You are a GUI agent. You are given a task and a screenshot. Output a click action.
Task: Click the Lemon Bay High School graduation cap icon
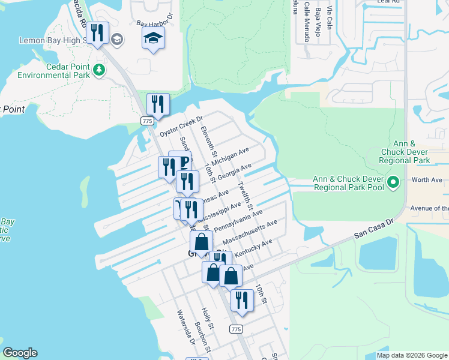[x=117, y=40]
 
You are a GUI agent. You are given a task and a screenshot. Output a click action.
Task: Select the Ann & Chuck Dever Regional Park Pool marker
[x=393, y=181]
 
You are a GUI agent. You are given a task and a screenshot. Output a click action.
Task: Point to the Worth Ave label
[x=427, y=179]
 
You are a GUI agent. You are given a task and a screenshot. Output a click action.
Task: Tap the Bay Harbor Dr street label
[x=154, y=22]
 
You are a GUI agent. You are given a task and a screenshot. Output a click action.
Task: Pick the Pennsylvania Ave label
[x=238, y=221]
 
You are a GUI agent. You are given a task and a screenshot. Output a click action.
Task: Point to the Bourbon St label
[x=203, y=337]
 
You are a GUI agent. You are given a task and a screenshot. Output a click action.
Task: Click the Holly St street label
[x=208, y=319]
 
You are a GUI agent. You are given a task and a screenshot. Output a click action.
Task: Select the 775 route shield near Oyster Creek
[x=146, y=121]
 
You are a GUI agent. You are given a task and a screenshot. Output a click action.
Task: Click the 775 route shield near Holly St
[x=236, y=329]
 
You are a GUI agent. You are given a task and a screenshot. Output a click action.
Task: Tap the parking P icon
[x=185, y=162]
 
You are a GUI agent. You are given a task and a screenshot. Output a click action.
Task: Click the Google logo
[x=20, y=353]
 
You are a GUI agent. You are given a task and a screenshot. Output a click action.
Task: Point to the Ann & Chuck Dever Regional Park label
[x=405, y=152]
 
